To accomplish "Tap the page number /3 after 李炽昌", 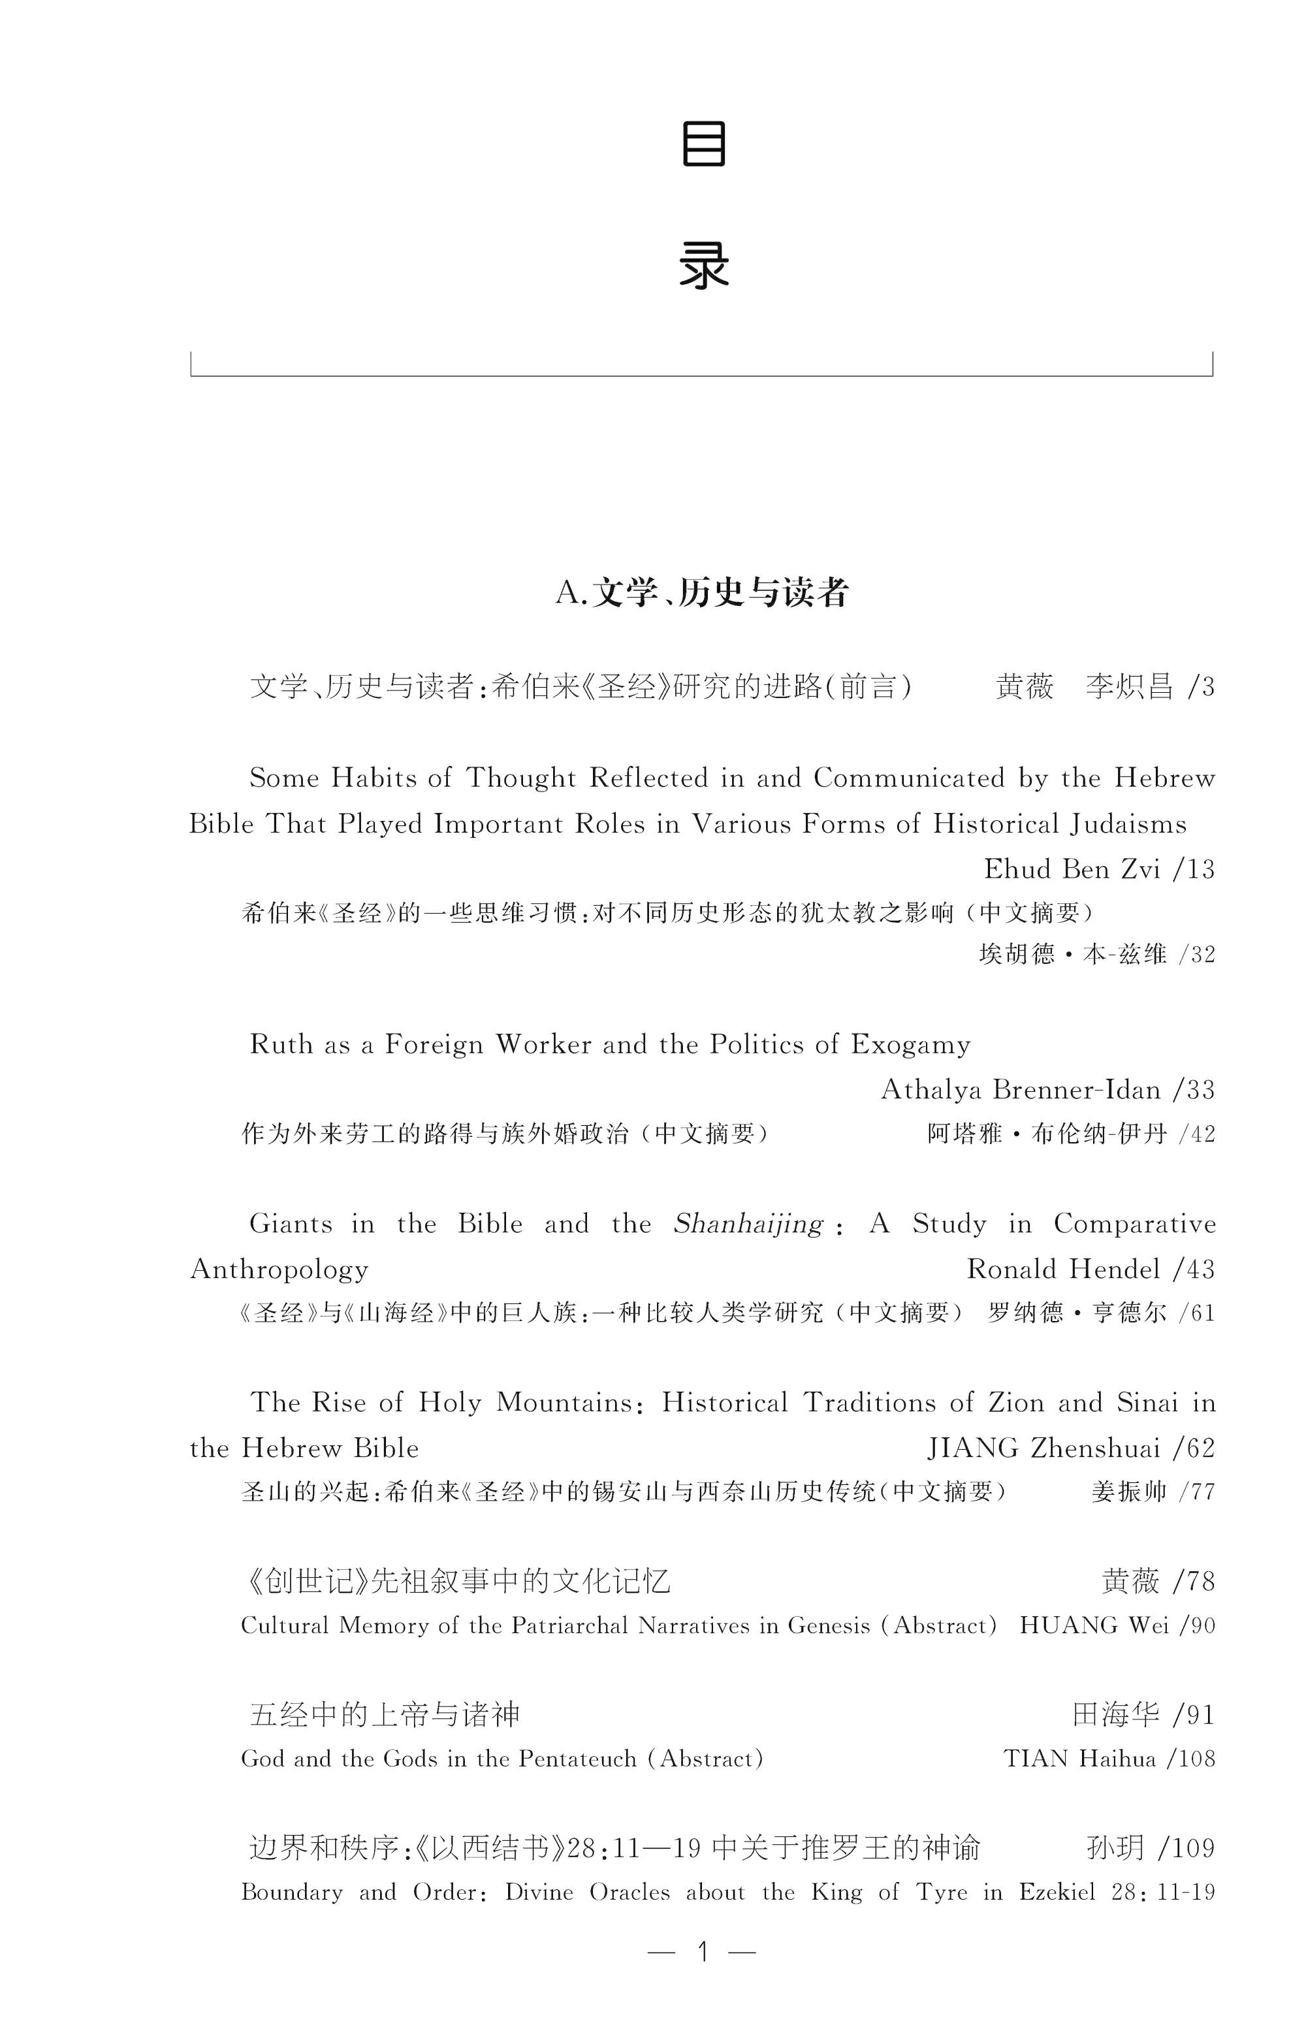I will [1202, 686].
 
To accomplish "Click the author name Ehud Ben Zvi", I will [1072, 869].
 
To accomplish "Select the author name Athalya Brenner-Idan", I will [1020, 1089].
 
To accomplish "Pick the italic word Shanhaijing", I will [748, 1224].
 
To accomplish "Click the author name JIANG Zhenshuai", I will [1043, 1448].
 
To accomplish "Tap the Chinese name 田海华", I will [1115, 1716].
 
